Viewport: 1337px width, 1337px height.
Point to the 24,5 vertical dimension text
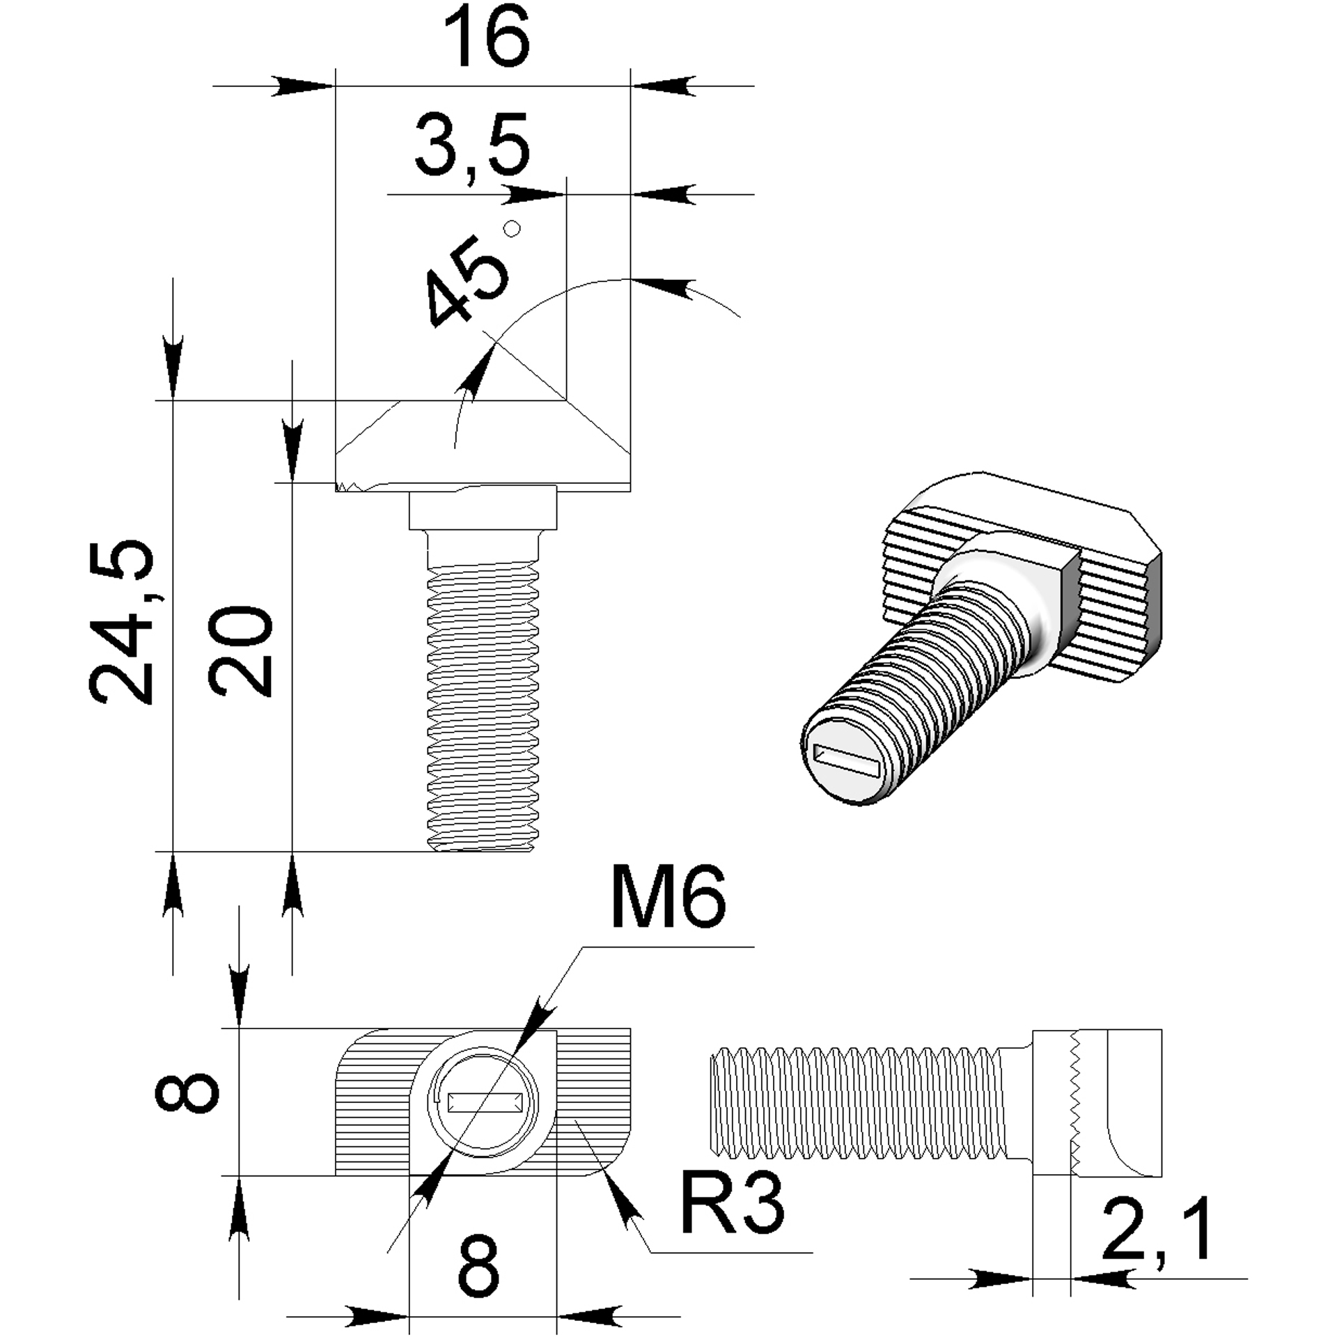click(x=120, y=621)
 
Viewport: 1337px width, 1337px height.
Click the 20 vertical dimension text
click(x=240, y=652)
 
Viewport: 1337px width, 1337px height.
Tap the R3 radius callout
click(x=732, y=1203)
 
